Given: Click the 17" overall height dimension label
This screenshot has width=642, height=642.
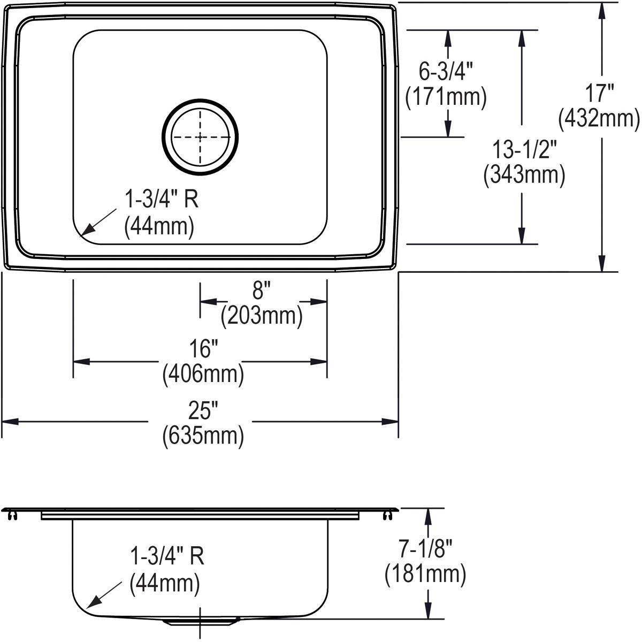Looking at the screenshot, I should [599, 94].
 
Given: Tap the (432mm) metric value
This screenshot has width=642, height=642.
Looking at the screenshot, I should [599, 119].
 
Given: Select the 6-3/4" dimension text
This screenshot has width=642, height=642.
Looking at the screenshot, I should [446, 71].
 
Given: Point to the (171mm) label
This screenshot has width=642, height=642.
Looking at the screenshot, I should [446, 97].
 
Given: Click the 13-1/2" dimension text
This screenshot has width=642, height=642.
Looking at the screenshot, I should [524, 150].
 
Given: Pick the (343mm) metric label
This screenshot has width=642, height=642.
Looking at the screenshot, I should [524, 175].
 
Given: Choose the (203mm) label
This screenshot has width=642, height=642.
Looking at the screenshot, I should [262, 316].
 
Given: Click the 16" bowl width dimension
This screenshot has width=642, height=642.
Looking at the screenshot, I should [203, 349].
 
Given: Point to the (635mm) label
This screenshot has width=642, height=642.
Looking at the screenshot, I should [203, 435].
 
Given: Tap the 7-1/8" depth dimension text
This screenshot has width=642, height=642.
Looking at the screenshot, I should [426, 549].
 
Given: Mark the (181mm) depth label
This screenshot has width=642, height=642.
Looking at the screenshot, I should [426, 574].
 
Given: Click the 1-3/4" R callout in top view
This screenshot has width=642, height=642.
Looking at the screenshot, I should [161, 200].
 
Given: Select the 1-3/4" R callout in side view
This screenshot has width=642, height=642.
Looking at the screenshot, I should [167, 557].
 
